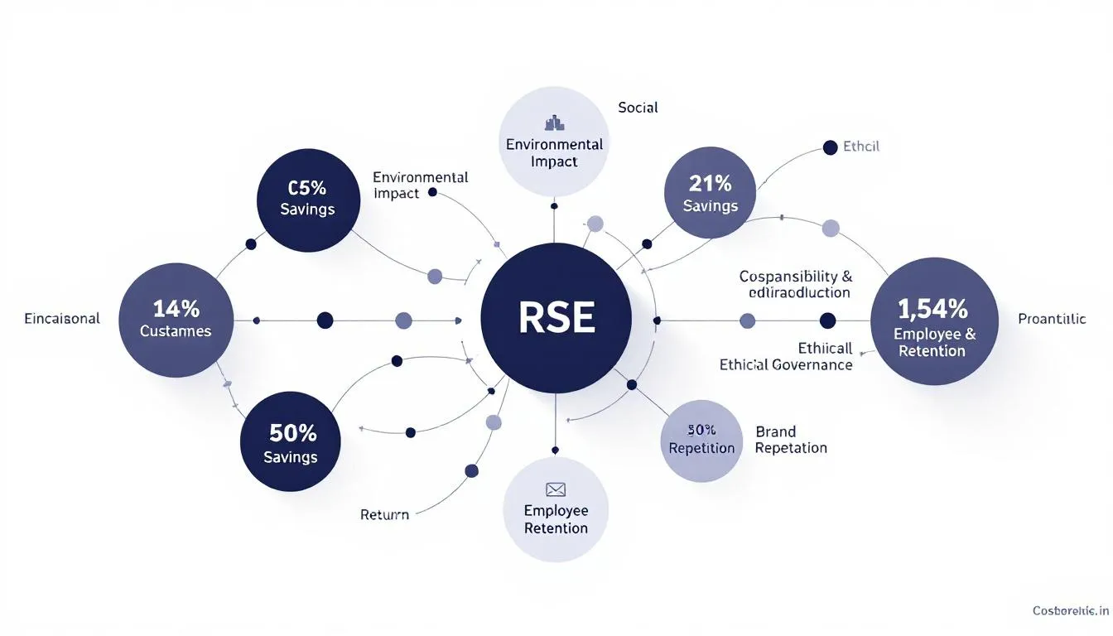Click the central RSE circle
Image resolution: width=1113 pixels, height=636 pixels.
point(556,319)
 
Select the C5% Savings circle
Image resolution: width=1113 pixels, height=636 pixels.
point(307,199)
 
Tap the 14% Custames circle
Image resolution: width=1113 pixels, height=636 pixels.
point(176,319)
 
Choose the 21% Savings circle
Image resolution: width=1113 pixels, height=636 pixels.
point(711,194)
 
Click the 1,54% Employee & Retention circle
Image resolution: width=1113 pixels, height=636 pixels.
point(934,320)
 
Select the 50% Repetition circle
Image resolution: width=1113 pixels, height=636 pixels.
point(701,441)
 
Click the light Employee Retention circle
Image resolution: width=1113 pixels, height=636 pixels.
point(556,508)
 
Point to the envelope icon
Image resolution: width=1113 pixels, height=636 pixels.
point(555,489)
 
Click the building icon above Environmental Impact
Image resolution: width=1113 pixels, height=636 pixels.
point(554,123)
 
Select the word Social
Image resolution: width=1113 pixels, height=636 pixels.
point(638,108)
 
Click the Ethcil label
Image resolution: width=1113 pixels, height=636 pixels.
point(860,147)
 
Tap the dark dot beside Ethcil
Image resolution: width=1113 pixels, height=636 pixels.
point(830,147)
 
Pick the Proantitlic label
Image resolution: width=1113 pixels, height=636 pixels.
point(1052,320)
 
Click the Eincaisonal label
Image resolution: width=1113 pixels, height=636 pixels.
point(62,319)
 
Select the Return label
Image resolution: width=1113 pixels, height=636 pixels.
point(384,514)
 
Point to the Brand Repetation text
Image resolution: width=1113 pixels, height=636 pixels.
point(790,440)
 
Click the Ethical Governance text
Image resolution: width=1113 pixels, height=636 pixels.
point(785,364)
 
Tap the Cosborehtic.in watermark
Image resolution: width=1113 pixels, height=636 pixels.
point(1070,610)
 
